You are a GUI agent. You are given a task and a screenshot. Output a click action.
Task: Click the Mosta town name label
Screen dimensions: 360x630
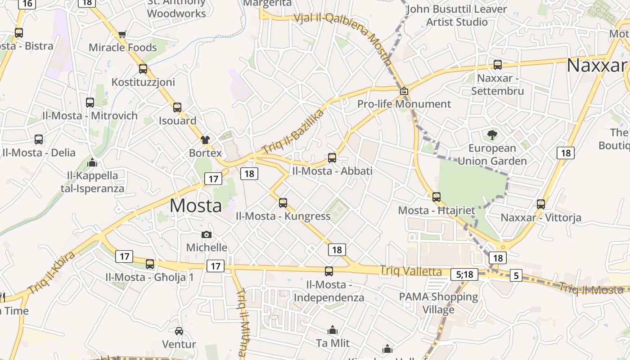(196, 206)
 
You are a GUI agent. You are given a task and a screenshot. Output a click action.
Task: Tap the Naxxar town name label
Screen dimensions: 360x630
(596, 66)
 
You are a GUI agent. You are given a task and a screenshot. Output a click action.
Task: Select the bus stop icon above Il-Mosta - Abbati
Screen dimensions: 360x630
(332, 157)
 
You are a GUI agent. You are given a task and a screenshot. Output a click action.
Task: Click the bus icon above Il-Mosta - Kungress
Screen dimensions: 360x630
(283, 202)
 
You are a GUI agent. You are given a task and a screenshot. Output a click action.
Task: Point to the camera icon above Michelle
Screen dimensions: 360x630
(207, 234)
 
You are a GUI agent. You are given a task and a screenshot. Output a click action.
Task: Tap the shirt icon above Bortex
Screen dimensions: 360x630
(205, 139)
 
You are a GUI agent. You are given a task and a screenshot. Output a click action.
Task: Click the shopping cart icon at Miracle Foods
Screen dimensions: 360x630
(122, 34)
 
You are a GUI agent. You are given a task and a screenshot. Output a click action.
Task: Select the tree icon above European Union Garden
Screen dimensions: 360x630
(492, 134)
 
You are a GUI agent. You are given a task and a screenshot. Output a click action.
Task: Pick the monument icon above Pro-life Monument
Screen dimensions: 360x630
(404, 91)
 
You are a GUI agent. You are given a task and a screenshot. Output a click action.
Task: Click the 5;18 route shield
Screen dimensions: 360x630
(464, 274)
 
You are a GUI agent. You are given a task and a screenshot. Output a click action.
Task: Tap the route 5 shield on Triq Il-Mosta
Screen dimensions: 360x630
(516, 276)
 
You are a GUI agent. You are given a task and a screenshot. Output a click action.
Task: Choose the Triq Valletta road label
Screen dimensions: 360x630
(411, 271)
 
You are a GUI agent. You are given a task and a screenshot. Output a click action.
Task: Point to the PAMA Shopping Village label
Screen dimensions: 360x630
(438, 303)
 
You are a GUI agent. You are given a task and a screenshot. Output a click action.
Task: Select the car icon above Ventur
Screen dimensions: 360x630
(179, 331)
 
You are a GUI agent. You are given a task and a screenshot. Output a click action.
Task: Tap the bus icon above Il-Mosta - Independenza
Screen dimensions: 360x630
(329, 271)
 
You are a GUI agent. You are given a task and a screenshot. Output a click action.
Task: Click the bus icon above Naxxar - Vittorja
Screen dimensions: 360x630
(541, 204)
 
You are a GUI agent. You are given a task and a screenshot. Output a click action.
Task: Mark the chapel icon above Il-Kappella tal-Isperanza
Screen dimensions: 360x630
(93, 162)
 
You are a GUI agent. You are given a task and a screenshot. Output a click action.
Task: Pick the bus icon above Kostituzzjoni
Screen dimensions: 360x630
(143, 68)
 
